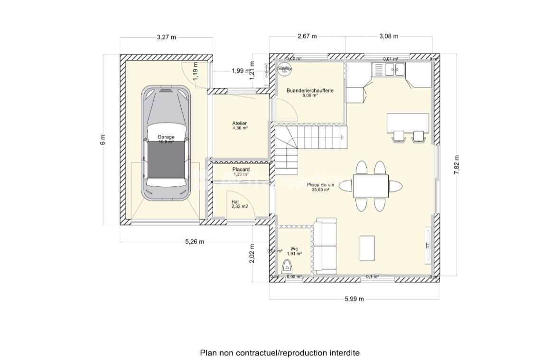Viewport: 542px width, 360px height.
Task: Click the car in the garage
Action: click(x=166, y=142)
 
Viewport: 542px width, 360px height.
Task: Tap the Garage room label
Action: click(x=166, y=137)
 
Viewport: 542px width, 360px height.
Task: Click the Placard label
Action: click(x=241, y=170)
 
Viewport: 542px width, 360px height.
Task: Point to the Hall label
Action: click(x=236, y=201)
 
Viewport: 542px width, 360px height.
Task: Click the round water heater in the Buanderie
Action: click(x=285, y=69)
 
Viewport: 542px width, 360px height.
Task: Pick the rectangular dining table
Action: click(x=371, y=186)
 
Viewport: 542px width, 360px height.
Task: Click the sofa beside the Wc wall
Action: click(x=326, y=246)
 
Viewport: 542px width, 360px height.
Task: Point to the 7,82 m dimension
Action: click(x=457, y=165)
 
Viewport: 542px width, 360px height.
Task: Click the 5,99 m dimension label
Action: click(x=354, y=299)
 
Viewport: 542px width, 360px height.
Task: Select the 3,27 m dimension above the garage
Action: click(x=166, y=37)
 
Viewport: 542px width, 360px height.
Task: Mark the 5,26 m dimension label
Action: click(x=195, y=242)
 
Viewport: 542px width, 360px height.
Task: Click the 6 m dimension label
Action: click(x=103, y=140)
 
